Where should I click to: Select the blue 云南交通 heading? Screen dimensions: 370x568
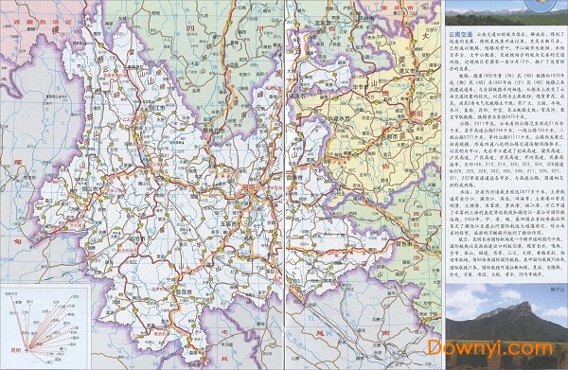click(x=463, y=35)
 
